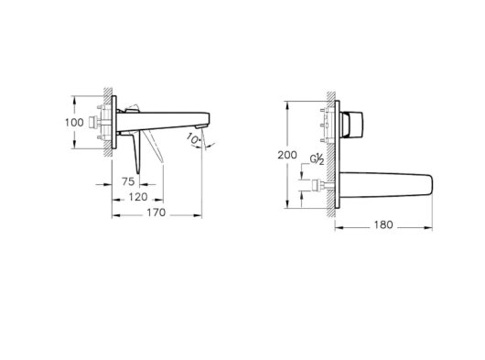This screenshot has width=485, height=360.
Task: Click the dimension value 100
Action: [x=74, y=122]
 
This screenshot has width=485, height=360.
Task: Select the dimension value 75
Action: [x=128, y=181]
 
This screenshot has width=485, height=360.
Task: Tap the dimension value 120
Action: [x=138, y=197]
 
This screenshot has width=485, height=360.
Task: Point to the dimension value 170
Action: [x=156, y=213]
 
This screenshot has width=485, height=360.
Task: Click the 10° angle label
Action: [x=194, y=138]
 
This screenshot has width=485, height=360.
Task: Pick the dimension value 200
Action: [x=287, y=155]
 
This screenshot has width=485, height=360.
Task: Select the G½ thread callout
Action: [x=317, y=159]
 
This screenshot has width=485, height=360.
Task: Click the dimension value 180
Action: [x=383, y=224]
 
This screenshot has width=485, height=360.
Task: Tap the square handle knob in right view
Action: [x=352, y=125]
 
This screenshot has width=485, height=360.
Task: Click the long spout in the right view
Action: [x=386, y=185]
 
